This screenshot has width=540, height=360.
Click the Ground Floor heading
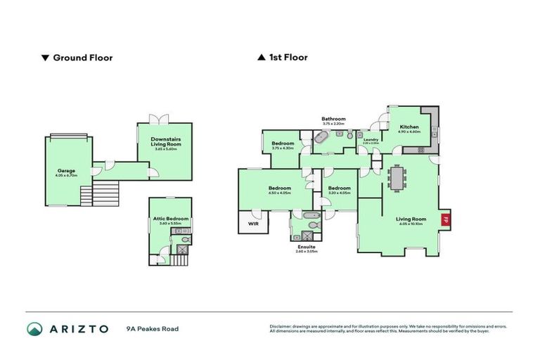click(x=82, y=58)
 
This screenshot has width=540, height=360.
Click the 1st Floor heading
click(x=288, y=58)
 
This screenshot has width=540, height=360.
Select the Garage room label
click(x=67, y=171)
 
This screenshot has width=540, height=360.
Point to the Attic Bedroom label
click(x=171, y=219)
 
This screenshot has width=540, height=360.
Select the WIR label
click(x=252, y=224)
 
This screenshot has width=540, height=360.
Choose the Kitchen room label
click(x=409, y=127)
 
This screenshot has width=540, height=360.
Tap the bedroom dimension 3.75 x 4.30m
click(x=283, y=148)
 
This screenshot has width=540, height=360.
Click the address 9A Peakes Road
click(x=153, y=329)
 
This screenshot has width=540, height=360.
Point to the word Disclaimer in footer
click(x=281, y=326)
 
